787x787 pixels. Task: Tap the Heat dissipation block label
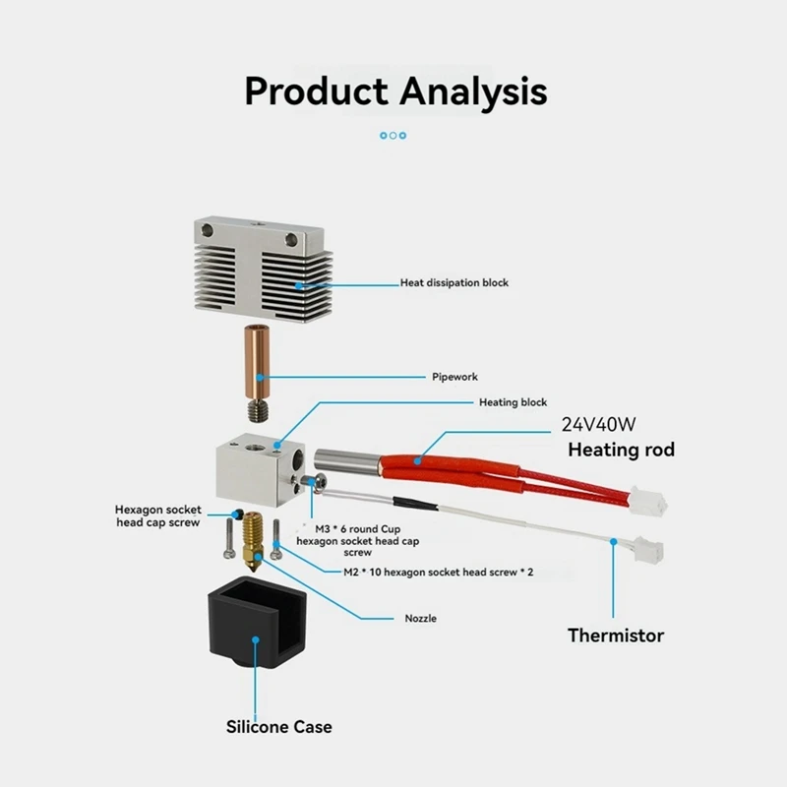point(454,282)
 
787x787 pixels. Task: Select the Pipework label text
point(455,376)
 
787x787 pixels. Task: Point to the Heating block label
point(513,402)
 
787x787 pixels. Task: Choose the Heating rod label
point(622,450)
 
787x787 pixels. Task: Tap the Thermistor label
point(616,635)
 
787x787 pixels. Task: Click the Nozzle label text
point(420,619)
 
